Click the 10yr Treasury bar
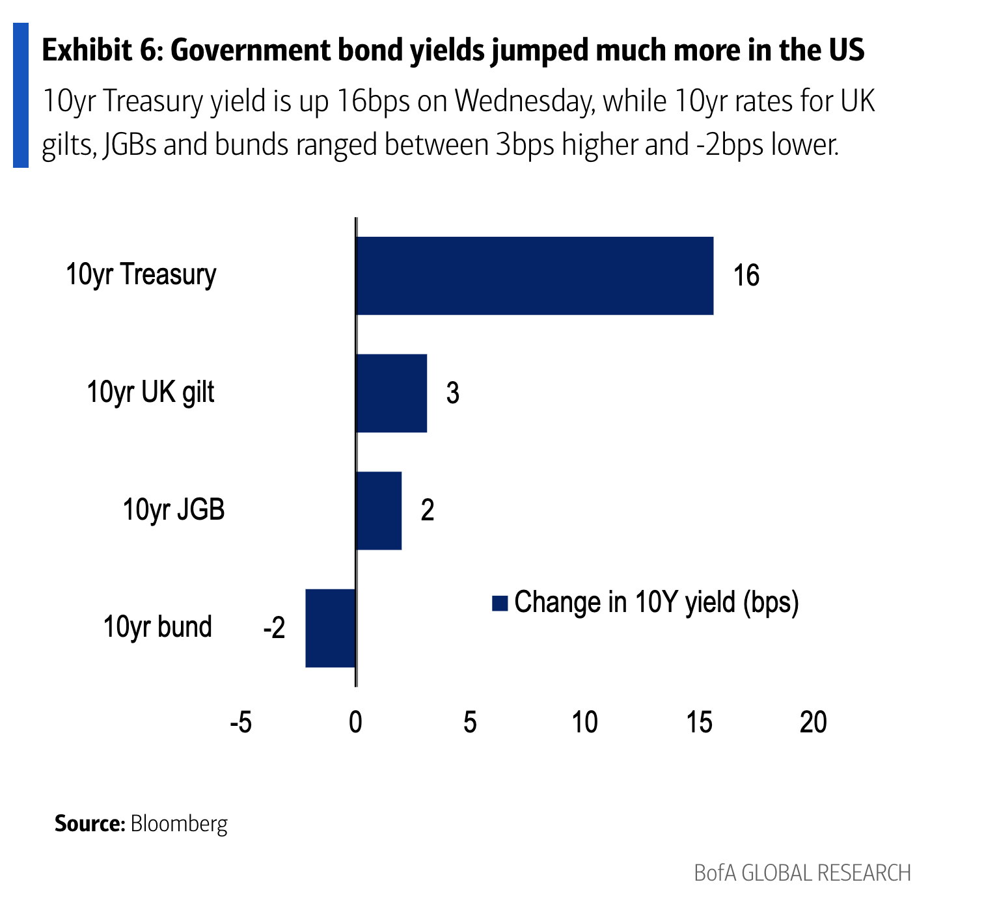click(x=534, y=276)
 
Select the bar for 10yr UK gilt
click(x=391, y=393)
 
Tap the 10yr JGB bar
click(x=379, y=511)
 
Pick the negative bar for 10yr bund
click(x=331, y=628)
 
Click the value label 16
click(x=746, y=276)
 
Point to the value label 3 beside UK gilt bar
click(x=453, y=393)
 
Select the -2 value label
click(x=274, y=628)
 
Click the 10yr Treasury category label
click(x=141, y=274)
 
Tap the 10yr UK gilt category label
click(x=150, y=392)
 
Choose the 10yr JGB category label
click(x=174, y=509)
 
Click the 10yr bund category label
click(x=157, y=627)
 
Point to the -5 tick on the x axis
click(x=241, y=722)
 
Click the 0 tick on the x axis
click(x=355, y=722)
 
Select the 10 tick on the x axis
click(x=584, y=722)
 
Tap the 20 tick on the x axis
click(x=813, y=722)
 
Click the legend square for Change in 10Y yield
click(x=500, y=604)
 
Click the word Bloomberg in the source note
click(x=179, y=823)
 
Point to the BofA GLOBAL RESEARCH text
click(x=802, y=873)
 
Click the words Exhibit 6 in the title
click(x=102, y=51)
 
